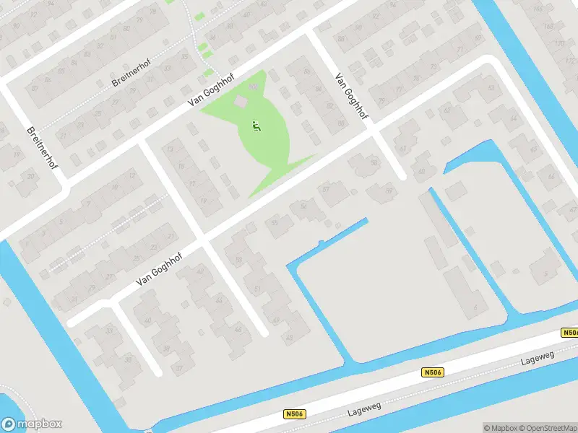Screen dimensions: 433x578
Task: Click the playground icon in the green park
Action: (x=254, y=126)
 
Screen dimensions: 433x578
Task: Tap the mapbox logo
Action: (x=32, y=424)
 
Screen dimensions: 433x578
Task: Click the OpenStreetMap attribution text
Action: (x=546, y=428)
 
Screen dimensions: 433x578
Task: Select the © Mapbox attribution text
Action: (x=500, y=428)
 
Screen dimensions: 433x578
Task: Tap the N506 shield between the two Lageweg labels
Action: (x=432, y=372)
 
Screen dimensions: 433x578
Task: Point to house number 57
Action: (x=326, y=189)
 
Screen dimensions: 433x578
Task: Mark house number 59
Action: (x=389, y=191)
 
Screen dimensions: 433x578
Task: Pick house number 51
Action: (x=257, y=288)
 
